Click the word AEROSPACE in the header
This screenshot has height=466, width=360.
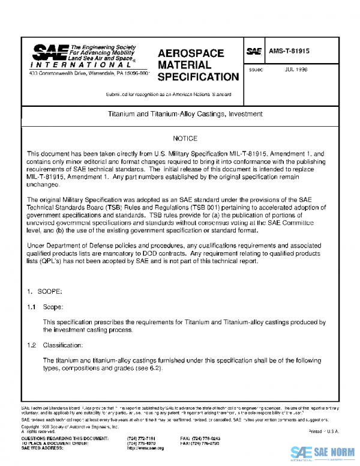(190, 53)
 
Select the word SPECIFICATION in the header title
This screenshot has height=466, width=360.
(197, 77)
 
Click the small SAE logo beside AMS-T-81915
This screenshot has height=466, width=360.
(254, 52)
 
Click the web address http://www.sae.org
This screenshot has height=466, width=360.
(145, 448)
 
